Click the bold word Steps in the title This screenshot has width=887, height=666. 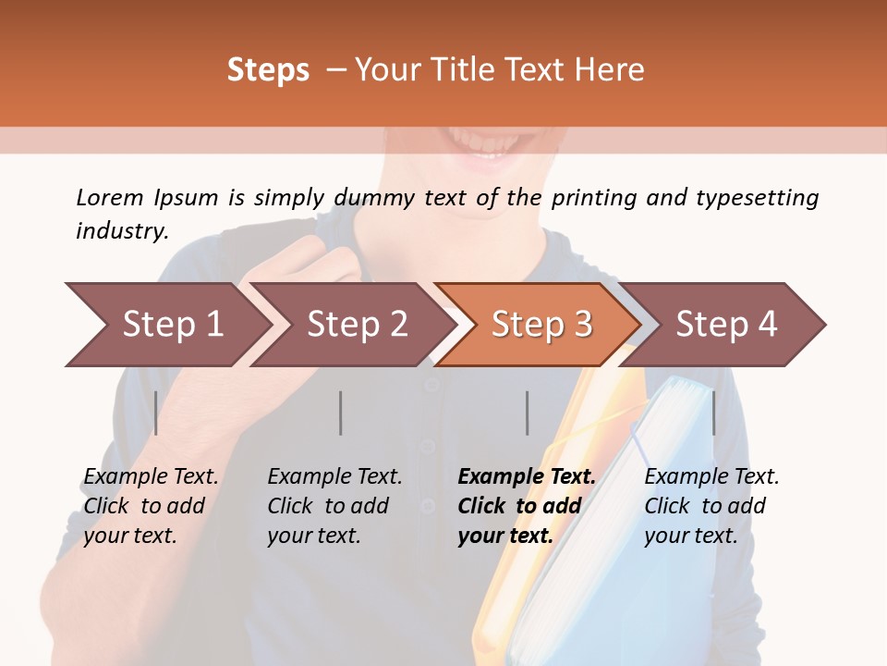[268, 70]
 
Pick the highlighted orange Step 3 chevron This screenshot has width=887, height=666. [541, 325]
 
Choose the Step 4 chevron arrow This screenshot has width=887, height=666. [726, 325]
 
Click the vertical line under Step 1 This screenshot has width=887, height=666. [156, 413]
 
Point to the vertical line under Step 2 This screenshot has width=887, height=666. [341, 413]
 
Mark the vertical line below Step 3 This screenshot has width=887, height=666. [528, 413]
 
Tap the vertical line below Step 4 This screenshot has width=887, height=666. [713, 413]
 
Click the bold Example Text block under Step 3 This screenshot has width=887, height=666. [527, 506]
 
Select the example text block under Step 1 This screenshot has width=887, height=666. [151, 506]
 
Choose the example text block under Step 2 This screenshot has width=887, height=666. [334, 506]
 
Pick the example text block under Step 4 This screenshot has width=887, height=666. [711, 506]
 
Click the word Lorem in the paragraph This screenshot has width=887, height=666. [110, 197]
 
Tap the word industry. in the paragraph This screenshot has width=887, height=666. [122, 230]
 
